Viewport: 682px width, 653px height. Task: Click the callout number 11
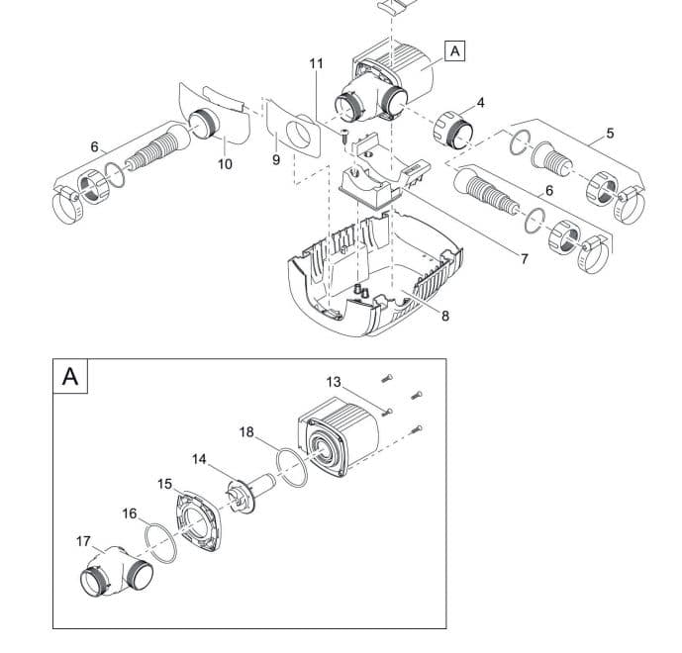316,63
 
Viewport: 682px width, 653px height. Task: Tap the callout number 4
480,102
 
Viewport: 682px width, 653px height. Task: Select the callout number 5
610,133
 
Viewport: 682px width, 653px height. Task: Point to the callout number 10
225,164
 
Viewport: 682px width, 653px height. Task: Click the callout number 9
276,159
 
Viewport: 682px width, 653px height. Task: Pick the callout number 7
525,259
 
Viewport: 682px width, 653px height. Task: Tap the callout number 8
445,317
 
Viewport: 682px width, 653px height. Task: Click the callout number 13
334,382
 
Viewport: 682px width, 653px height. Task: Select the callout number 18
246,431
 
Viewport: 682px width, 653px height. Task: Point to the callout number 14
200,459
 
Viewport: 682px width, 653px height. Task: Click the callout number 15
164,484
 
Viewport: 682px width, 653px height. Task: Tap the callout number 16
130,513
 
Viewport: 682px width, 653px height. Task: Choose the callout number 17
84,540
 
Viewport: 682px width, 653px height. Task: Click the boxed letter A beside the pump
454,50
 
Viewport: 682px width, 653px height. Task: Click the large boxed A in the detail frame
70,376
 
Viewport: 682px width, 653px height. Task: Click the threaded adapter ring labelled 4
452,128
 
